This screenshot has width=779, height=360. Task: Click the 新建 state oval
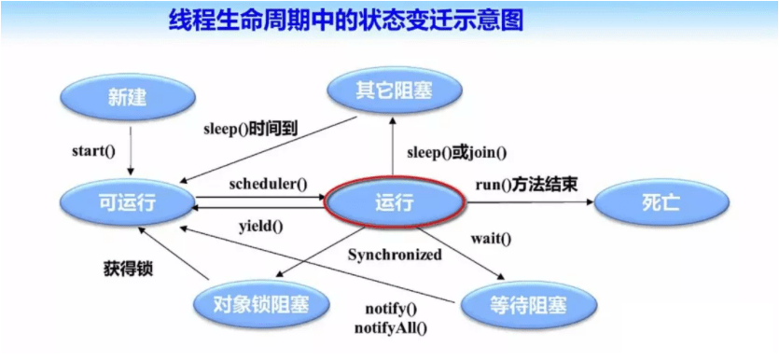(x=127, y=98)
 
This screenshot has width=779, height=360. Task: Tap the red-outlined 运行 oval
(x=394, y=203)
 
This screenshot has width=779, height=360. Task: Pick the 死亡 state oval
(x=661, y=203)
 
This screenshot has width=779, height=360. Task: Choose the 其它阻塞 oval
(x=394, y=90)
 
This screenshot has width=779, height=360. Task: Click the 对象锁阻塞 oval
(x=260, y=303)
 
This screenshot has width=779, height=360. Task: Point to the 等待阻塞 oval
(x=528, y=303)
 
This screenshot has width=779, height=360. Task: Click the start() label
(x=94, y=151)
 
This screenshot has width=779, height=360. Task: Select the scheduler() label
(x=269, y=185)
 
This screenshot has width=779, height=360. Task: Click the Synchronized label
(x=395, y=255)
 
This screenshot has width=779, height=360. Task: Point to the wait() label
(x=491, y=239)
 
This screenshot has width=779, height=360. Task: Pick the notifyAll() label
(x=391, y=327)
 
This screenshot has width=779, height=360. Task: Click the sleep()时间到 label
(x=250, y=129)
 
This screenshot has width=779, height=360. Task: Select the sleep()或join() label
(x=456, y=152)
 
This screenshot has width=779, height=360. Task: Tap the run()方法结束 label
(x=526, y=185)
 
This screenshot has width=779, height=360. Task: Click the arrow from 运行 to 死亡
(x=530, y=202)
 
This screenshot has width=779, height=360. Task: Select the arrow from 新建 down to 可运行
(x=131, y=150)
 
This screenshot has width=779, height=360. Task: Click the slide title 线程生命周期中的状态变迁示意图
(x=346, y=21)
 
